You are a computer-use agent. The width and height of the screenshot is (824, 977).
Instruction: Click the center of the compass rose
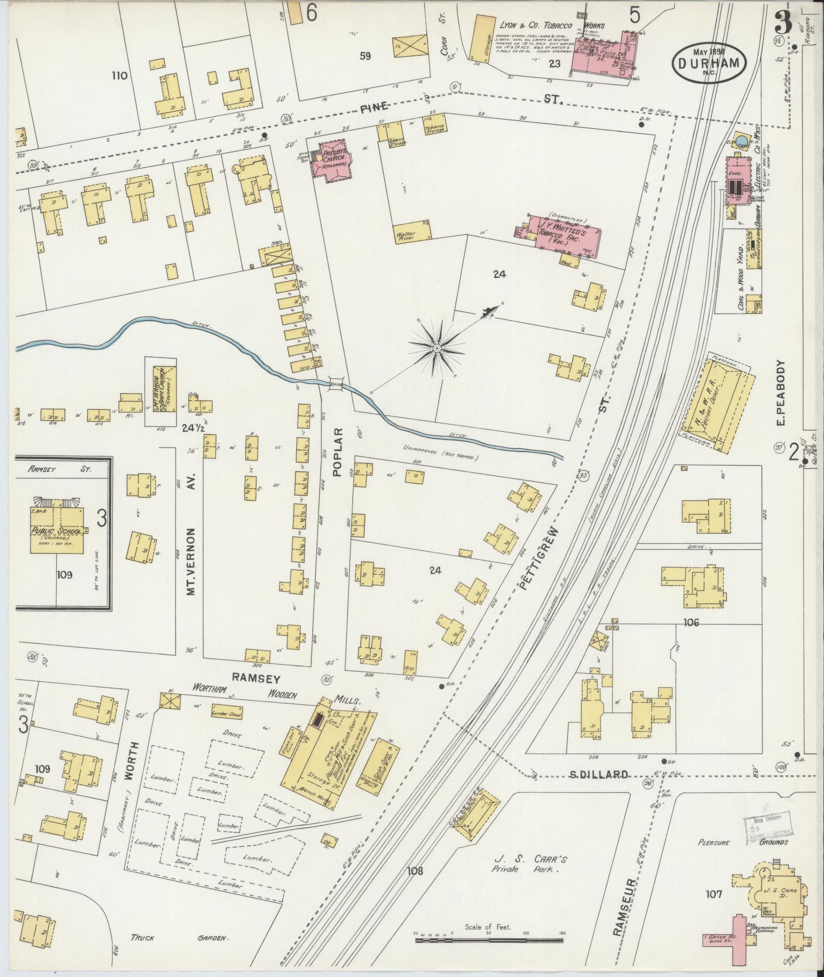[x=437, y=348]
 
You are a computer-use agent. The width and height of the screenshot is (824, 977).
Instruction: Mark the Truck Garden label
[x=179, y=939]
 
